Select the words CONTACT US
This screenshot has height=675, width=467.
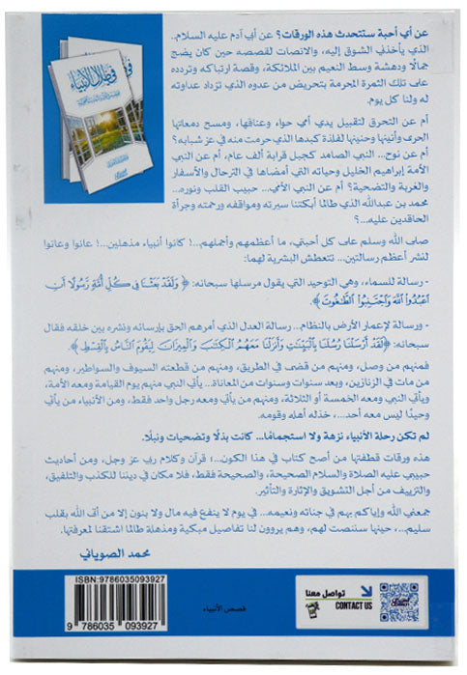(x=355, y=605)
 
